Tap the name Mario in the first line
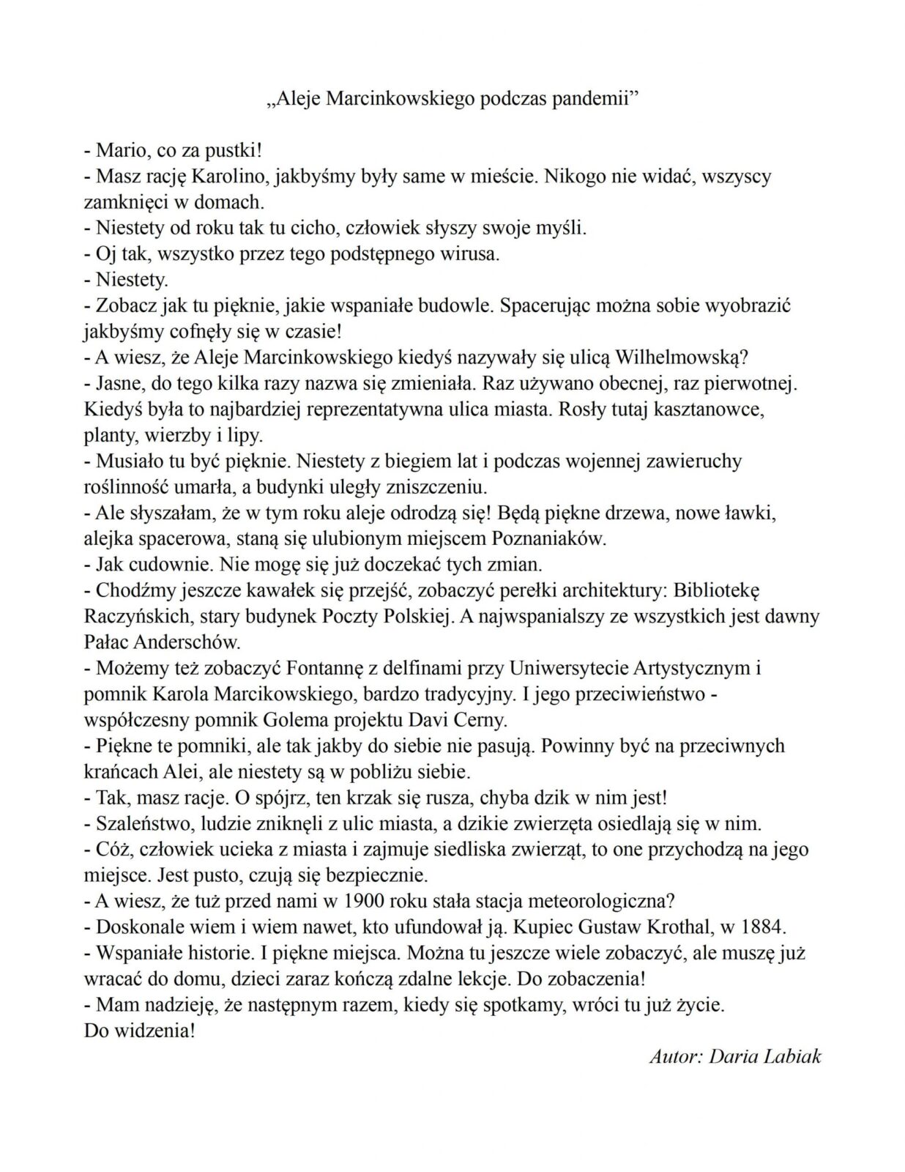coord(123,151)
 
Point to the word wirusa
coord(469,254)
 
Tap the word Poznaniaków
coord(548,539)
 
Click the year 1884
coord(761,927)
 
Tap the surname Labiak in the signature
coord(794,1056)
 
